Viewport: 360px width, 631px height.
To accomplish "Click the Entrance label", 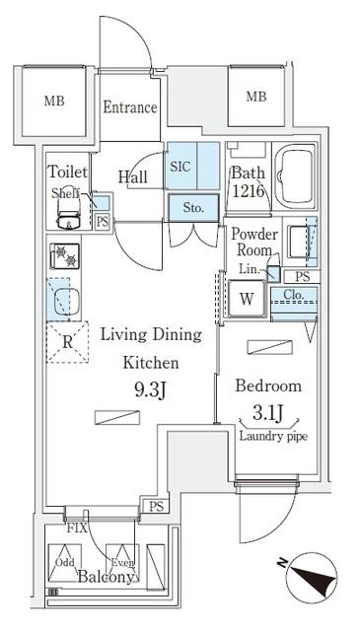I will (x=130, y=107).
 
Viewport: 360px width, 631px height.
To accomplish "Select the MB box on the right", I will (x=255, y=97).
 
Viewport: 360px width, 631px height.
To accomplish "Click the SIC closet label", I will (x=180, y=167).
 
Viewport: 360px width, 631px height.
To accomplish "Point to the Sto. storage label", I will (x=192, y=208).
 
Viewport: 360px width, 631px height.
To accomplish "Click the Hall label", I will (x=133, y=177).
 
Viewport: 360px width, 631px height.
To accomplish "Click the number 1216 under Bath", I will (x=248, y=190).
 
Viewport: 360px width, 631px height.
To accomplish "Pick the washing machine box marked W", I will (x=246, y=299).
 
